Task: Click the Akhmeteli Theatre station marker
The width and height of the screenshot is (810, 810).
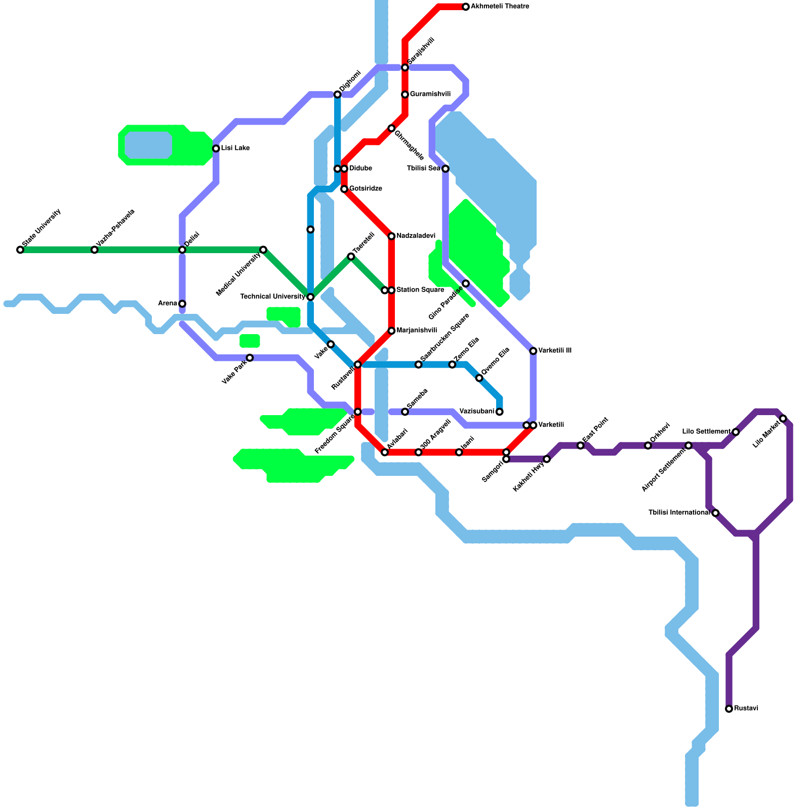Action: pyautogui.click(x=466, y=7)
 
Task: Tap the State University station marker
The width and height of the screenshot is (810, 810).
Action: pyautogui.click(x=20, y=250)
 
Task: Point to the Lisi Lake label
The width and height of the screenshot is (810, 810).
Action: pyautogui.click(x=235, y=148)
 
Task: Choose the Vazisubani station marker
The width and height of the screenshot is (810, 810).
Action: pyautogui.click(x=500, y=412)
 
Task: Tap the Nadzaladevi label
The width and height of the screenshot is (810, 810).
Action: pyautogui.click(x=416, y=236)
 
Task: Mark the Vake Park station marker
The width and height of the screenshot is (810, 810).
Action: pyautogui.click(x=250, y=358)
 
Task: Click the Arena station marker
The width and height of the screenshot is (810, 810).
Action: pyautogui.click(x=182, y=304)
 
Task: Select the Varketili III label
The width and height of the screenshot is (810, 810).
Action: pyautogui.click(x=555, y=350)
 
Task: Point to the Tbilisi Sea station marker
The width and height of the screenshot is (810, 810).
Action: pyautogui.click(x=445, y=169)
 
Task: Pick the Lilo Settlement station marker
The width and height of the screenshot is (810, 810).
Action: pyautogui.click(x=736, y=432)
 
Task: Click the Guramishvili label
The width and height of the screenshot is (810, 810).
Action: pyautogui.click(x=430, y=94)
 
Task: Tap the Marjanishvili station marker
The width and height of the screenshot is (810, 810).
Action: pyautogui.click(x=391, y=331)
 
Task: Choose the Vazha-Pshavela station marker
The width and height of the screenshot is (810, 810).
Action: pyautogui.click(x=95, y=250)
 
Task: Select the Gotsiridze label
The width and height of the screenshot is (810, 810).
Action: pyautogui.click(x=366, y=189)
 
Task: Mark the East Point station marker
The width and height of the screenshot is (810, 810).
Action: pyautogui.click(x=581, y=445)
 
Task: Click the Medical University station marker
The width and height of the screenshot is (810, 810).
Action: pyautogui.click(x=263, y=250)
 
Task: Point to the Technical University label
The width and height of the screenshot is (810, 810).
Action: pyautogui.click(x=272, y=297)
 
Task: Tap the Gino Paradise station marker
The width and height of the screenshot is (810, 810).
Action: pyautogui.click(x=466, y=283)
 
